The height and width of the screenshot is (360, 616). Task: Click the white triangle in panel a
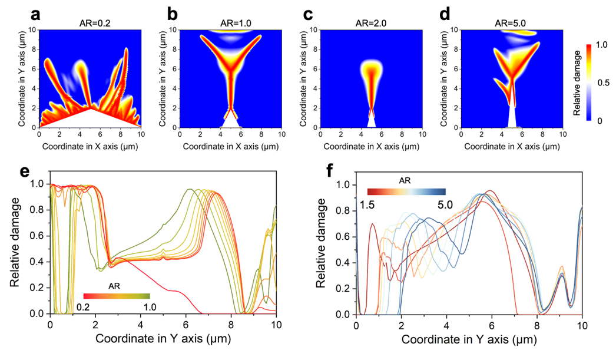pyautogui.click(x=90, y=118)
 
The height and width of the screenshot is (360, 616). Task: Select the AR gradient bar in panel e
pyautogui.click(x=117, y=296)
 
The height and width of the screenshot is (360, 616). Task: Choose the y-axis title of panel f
pyautogui.click(x=323, y=242)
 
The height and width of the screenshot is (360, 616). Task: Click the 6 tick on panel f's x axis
pyautogui.click(x=492, y=326)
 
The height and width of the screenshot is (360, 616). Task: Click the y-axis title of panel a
pyautogui.click(x=21, y=78)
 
